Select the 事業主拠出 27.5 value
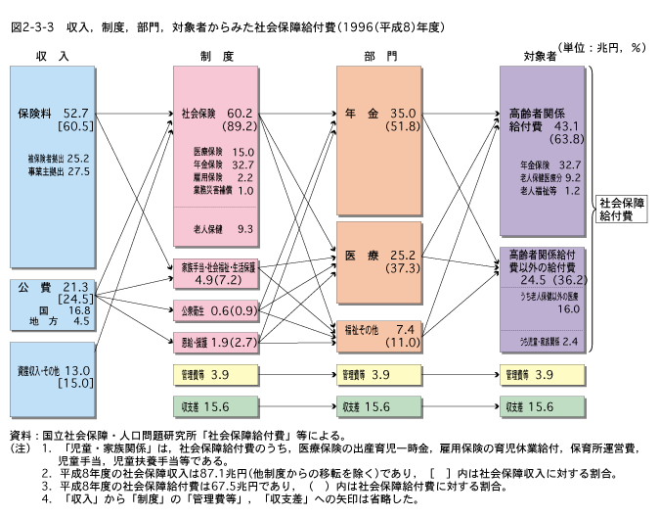(60, 171)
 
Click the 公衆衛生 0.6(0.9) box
(218, 311)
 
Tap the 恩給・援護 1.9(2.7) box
(218, 342)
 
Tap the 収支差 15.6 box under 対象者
(543, 406)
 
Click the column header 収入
(52, 56)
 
